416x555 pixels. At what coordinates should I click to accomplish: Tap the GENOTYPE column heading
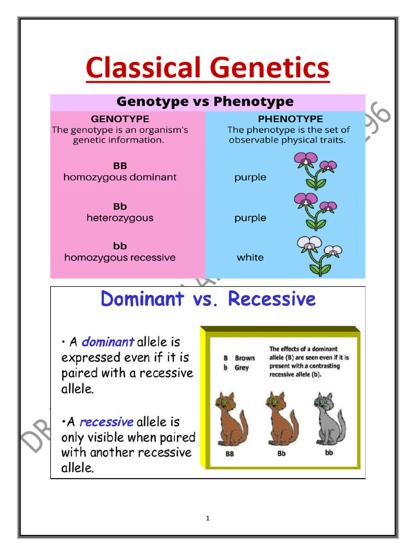[120, 119]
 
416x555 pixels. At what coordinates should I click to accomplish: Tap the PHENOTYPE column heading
[290, 119]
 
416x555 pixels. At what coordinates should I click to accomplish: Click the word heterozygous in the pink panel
[120, 218]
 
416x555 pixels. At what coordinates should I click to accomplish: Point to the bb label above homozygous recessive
[120, 246]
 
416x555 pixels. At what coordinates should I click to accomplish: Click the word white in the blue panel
[250, 258]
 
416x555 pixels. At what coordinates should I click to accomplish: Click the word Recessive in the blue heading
[271, 299]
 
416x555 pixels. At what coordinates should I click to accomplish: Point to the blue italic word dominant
[108, 343]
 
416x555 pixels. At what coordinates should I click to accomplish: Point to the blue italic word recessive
[106, 422]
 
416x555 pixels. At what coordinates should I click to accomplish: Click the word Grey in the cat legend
[242, 367]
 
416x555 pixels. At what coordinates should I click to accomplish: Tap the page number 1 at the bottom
[207, 519]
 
